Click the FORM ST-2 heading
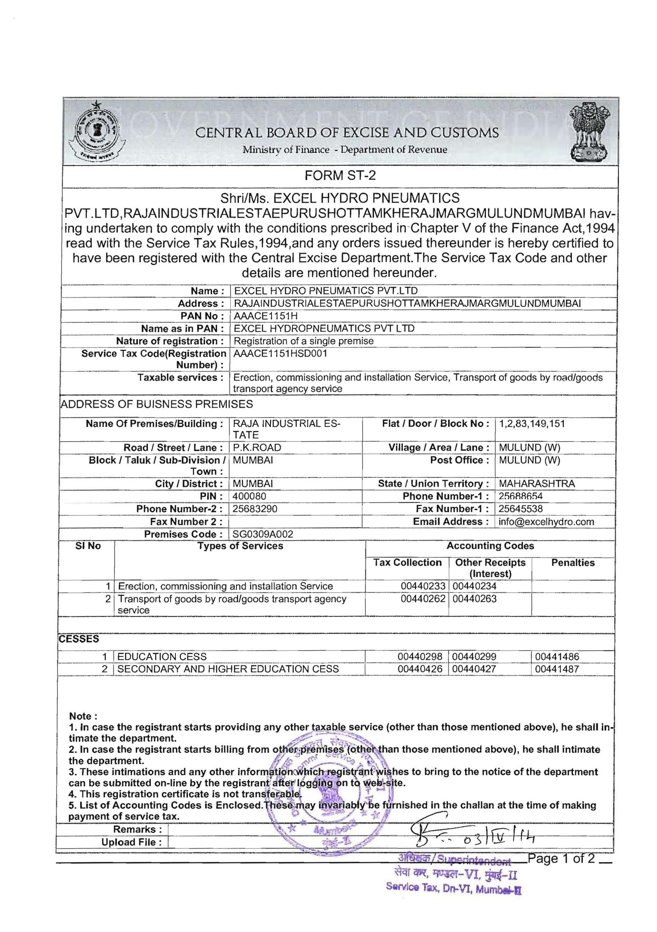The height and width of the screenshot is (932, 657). tap(340, 175)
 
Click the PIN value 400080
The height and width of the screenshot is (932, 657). tap(249, 496)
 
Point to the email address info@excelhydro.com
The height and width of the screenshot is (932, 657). tap(546, 522)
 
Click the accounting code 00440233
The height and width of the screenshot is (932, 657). tap(423, 586)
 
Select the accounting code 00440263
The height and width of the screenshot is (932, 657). tap(474, 599)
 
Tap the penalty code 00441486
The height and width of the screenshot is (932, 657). tap(557, 657)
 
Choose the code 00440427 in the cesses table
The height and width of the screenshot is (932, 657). tap(474, 669)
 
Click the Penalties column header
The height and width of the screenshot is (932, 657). tap(572, 563)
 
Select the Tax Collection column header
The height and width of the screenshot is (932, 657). tap(407, 563)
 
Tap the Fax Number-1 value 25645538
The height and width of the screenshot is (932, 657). tap(520, 509)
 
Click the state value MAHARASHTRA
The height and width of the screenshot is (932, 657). tap(537, 484)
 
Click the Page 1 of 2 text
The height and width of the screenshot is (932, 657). tap(561, 858)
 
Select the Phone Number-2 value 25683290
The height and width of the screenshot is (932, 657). tap(255, 509)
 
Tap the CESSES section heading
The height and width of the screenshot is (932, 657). tap(79, 639)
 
